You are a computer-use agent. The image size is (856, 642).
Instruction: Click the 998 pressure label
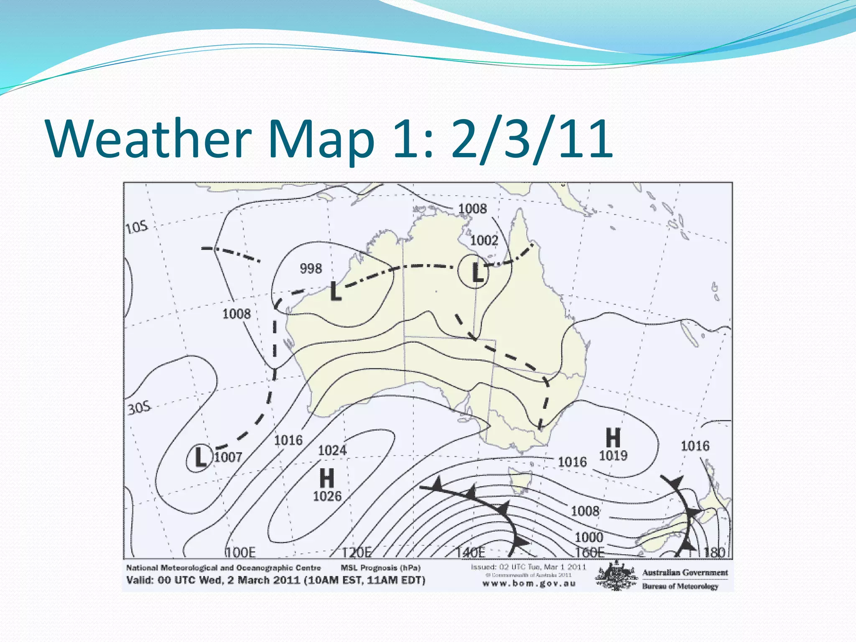[x=311, y=268]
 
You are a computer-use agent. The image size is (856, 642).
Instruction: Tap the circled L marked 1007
[x=200, y=457]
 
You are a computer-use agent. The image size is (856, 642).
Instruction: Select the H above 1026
[x=327, y=478]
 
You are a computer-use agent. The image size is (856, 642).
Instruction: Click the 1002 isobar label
[x=484, y=240]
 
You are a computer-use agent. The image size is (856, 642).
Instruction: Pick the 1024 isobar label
[x=332, y=450]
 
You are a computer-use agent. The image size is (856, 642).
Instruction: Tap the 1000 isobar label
[x=588, y=537]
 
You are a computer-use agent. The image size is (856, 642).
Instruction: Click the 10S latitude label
[x=137, y=227]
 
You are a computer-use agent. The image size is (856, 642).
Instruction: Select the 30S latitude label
[x=139, y=408]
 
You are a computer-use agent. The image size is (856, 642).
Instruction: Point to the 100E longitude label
[x=240, y=553]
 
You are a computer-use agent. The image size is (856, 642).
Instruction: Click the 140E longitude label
[x=470, y=553]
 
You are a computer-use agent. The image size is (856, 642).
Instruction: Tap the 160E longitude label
[x=589, y=553]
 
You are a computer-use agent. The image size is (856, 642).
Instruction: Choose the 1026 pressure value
[x=327, y=496]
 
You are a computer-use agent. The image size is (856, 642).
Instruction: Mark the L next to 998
[x=336, y=291]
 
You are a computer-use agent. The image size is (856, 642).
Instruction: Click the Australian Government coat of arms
[x=617, y=576]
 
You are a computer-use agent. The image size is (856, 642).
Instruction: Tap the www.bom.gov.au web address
[x=529, y=584]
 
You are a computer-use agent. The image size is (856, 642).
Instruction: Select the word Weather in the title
[x=148, y=138]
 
